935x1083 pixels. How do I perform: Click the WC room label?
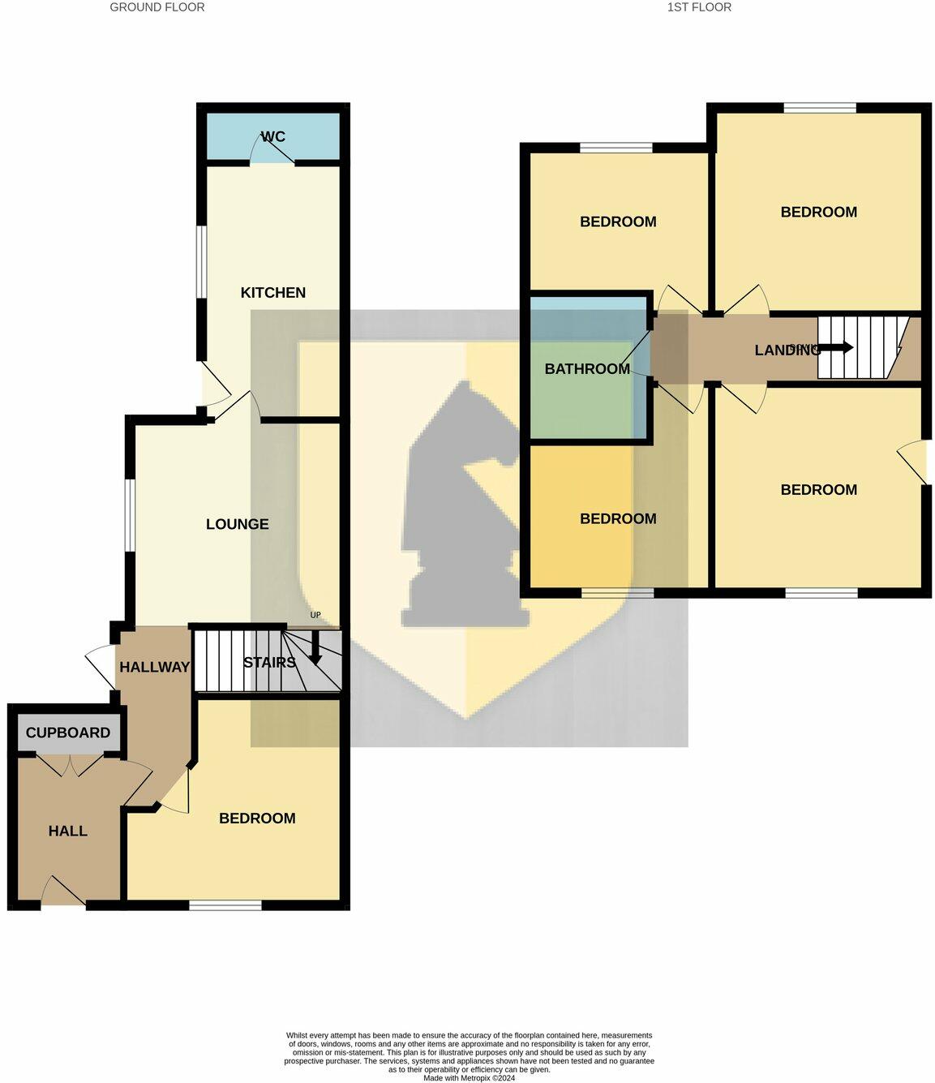coord(273,136)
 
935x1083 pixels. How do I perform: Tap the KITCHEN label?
coord(273,293)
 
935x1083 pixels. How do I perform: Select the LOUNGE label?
coord(237,524)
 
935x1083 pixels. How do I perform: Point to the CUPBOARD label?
coord(68,733)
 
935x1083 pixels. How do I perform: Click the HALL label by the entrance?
coord(68,831)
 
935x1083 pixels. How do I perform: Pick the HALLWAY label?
coord(154,667)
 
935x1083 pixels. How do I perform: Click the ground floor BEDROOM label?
coord(257,818)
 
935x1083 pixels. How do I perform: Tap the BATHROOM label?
coord(587,369)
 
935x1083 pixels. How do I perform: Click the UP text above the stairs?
coord(315,615)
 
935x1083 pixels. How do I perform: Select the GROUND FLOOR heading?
coord(157,7)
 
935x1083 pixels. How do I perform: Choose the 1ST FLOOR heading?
coord(699,7)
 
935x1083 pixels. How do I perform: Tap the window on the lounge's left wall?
coord(130,517)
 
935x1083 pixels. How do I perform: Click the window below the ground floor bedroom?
coord(225,905)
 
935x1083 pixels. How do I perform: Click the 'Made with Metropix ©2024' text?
coord(469,1078)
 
